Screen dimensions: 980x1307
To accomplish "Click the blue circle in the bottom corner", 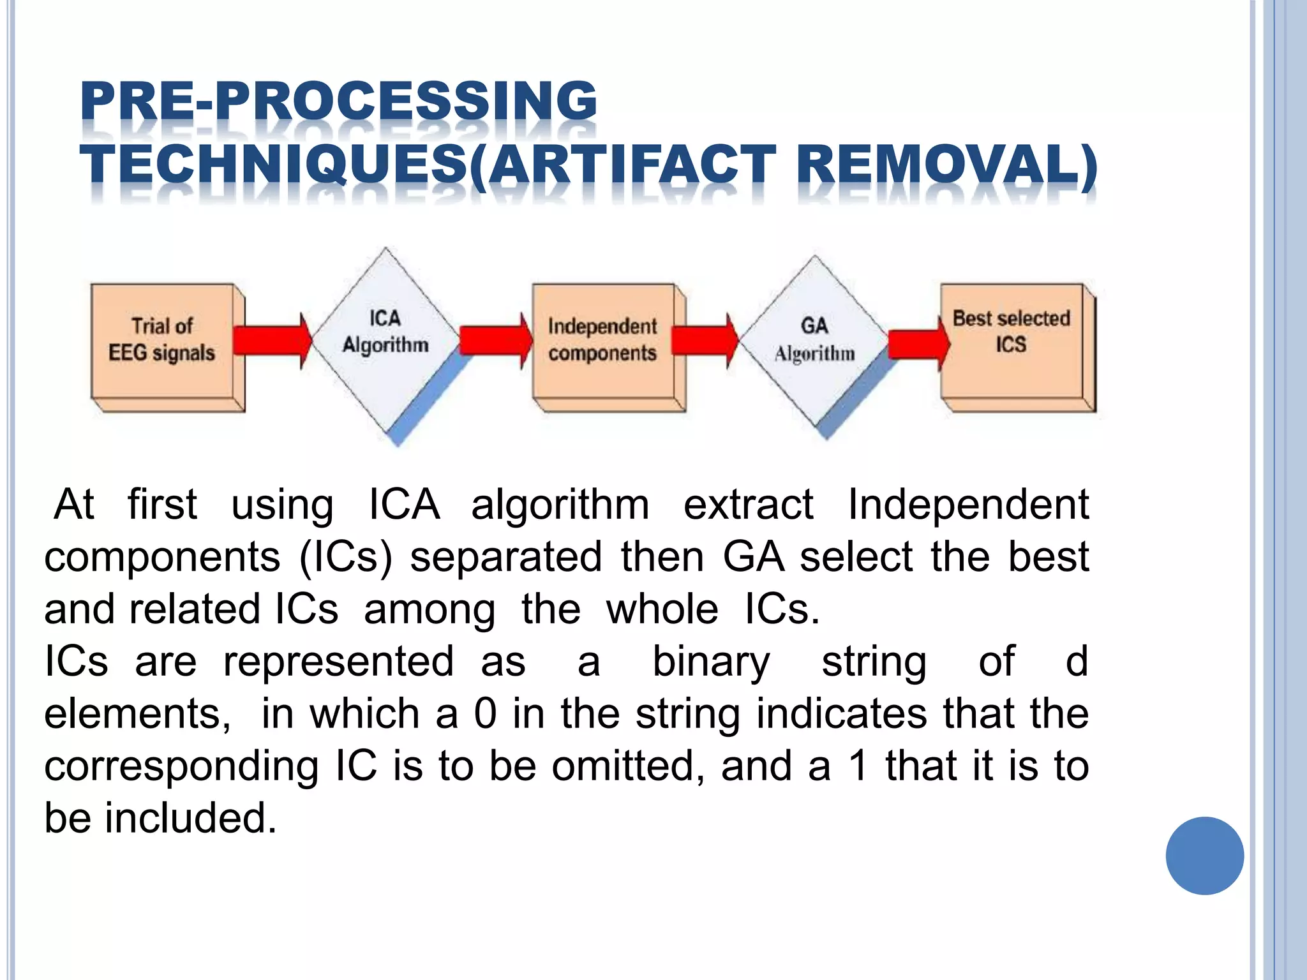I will tap(1204, 856).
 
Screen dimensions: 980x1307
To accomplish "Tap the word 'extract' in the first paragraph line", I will tap(748, 504).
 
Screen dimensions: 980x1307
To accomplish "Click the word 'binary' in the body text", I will tap(711, 661).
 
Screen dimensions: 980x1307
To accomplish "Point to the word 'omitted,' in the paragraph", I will tap(629, 766).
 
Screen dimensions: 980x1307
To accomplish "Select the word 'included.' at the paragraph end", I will tap(191, 818).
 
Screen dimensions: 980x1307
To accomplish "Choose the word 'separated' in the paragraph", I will tap(505, 556).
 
